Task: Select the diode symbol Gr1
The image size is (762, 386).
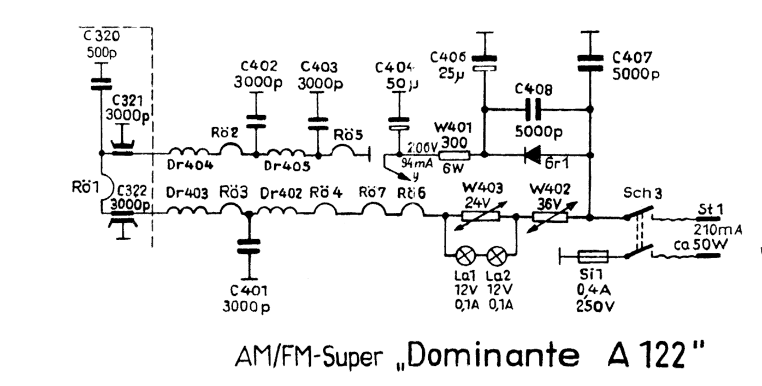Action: point(535,155)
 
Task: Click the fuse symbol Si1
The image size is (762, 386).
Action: point(593,255)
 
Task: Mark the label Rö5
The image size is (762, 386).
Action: point(348,134)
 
